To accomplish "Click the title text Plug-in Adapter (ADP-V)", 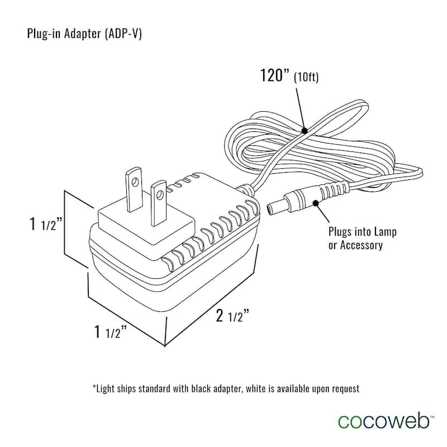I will coord(84,34).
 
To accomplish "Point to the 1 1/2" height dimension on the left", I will coord(49,225).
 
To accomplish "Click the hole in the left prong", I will coord(135,181).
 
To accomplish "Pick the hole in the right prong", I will coord(160,194).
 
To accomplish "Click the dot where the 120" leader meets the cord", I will coord(304,130).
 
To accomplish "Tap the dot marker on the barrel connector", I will coord(317,202).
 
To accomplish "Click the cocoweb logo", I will coord(382,420).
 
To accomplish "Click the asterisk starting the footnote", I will coord(94,386).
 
